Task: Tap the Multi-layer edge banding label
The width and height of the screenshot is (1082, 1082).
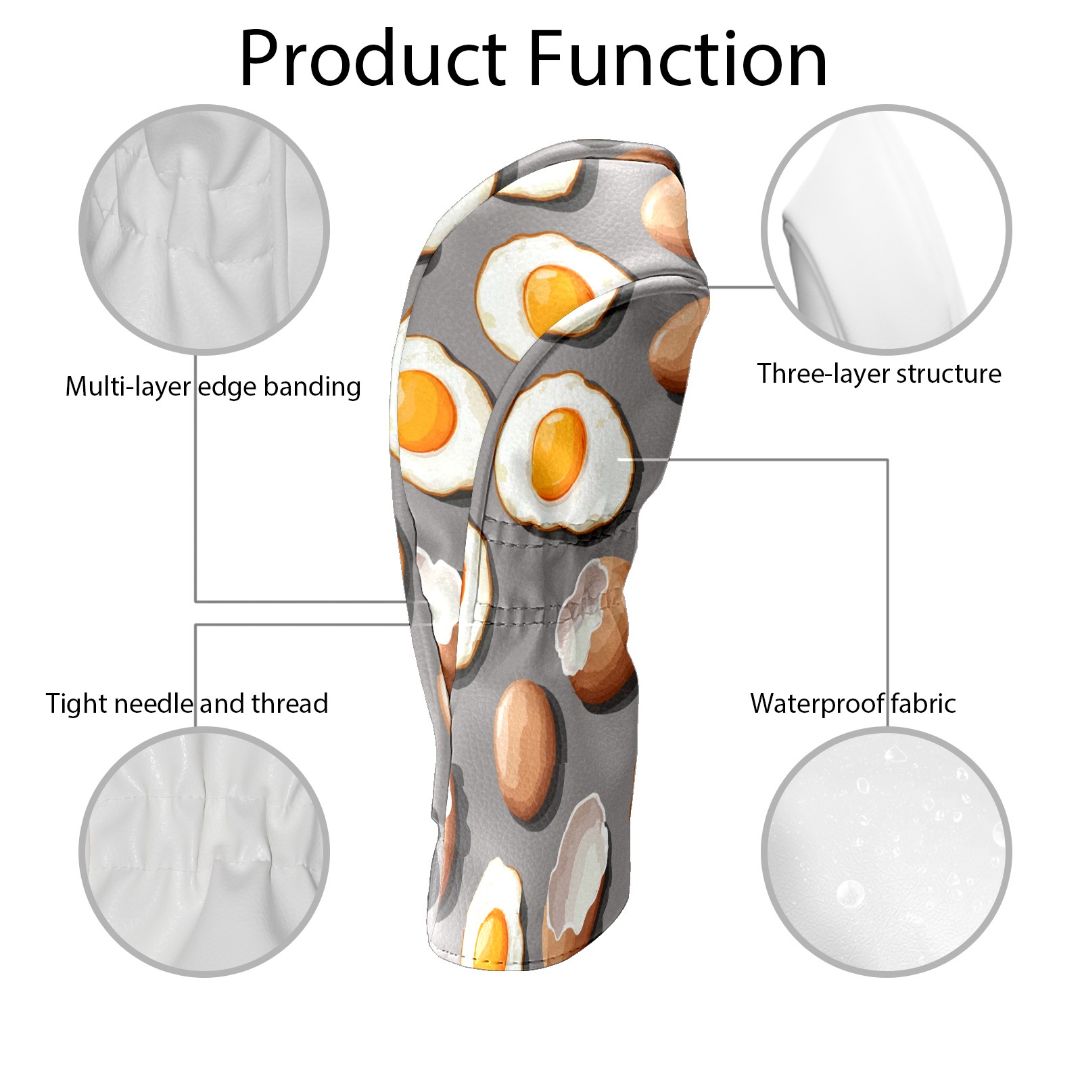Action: (213, 387)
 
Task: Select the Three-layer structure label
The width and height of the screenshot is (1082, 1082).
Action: (879, 374)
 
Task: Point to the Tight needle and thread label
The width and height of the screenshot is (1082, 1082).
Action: (187, 703)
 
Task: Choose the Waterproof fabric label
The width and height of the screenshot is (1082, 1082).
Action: (853, 703)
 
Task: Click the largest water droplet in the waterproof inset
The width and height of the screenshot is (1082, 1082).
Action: (850, 894)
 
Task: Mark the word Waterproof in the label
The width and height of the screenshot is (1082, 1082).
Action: (816, 703)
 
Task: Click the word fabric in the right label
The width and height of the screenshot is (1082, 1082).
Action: (923, 703)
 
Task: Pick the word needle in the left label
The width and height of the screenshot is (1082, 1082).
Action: (154, 703)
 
